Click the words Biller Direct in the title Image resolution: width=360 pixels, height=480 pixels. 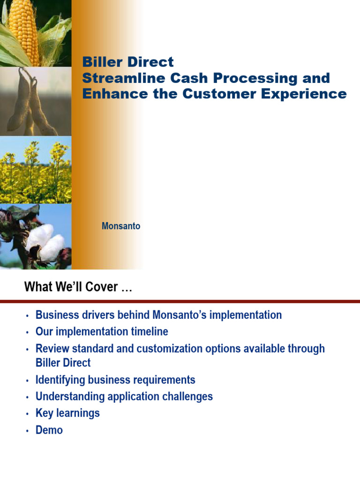(127, 62)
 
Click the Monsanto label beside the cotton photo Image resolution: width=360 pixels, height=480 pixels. (121, 226)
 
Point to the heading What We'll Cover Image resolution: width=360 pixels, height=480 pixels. (78, 286)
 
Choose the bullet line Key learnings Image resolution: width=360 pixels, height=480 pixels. (67, 413)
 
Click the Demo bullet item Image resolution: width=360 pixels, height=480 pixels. (49, 430)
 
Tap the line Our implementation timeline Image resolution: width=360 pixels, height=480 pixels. (102, 332)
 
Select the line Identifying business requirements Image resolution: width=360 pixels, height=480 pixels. (115, 380)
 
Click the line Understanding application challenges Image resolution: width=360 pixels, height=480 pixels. (124, 397)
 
